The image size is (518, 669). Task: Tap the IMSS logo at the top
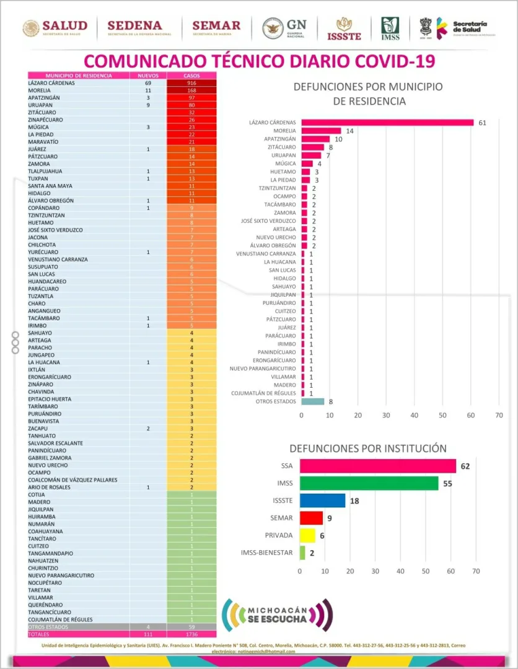coord(390,28)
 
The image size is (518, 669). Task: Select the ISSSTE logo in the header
coord(344,28)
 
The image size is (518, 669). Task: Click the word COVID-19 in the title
coord(388,61)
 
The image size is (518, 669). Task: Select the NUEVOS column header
coord(148,76)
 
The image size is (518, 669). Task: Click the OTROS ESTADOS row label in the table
coord(50,627)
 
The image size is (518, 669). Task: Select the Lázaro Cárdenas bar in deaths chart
coord(387,123)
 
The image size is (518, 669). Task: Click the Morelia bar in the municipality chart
coord(321,131)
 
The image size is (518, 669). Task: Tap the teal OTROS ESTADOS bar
coord(312,401)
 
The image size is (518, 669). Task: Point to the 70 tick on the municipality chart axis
coord(499,415)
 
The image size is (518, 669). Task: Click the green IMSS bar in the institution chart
coord(369,483)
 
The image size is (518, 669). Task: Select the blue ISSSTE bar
coord(322,501)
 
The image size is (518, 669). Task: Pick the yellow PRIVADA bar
coord(307,535)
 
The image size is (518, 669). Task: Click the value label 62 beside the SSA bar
coord(465,466)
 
